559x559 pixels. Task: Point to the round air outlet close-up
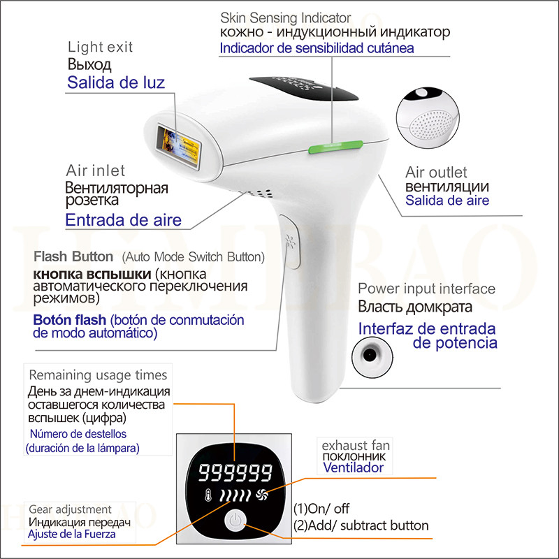click(427, 116)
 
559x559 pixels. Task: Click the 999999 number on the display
click(234, 474)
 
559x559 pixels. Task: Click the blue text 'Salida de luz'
click(116, 83)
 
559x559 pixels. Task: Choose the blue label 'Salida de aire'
click(448, 201)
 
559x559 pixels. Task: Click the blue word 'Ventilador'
click(353, 467)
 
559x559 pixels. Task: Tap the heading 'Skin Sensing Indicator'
click(286, 17)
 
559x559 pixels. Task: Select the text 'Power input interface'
click(426, 289)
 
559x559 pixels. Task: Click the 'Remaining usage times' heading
click(98, 375)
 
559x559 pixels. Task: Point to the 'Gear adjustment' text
click(70, 509)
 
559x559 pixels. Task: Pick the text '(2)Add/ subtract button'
click(361, 525)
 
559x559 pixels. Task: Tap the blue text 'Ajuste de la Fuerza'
click(72, 535)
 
